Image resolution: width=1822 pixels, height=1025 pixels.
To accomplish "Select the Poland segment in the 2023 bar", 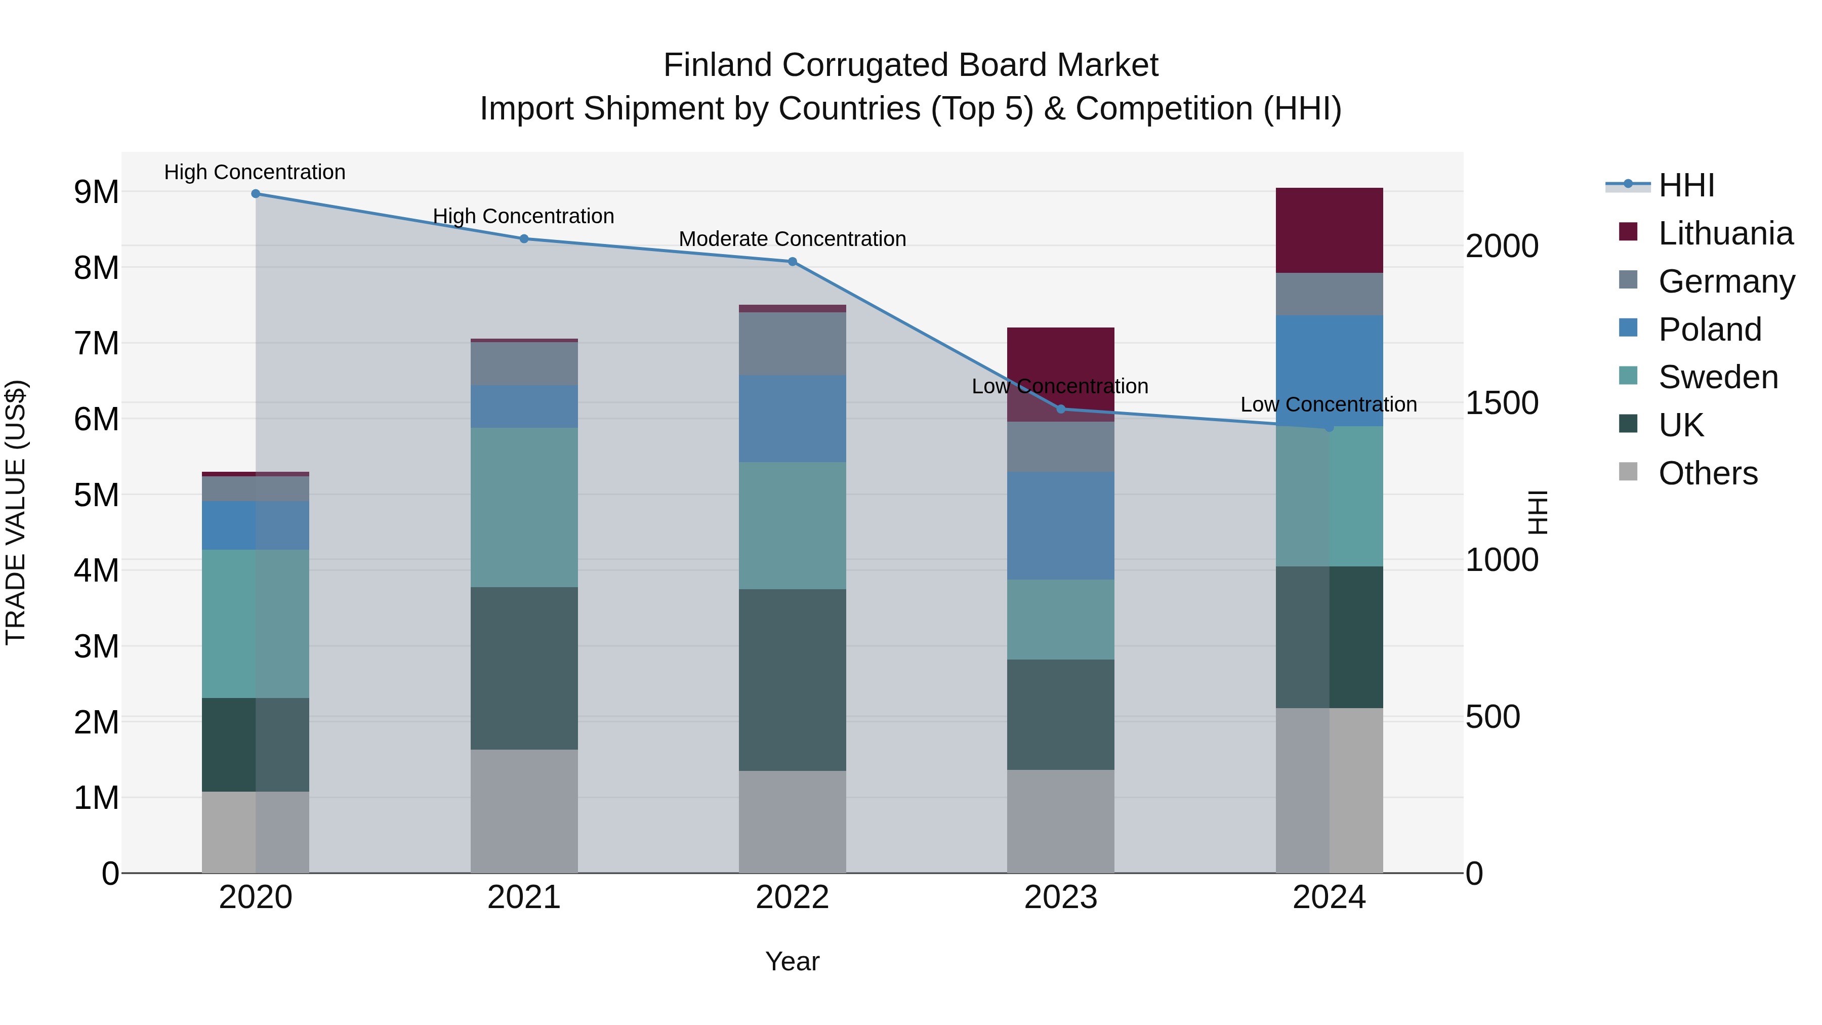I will click(x=1060, y=525).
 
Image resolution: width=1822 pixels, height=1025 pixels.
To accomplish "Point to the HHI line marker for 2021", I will click(x=524, y=238).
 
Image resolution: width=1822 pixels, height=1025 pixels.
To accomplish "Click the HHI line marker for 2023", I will click(x=1060, y=409).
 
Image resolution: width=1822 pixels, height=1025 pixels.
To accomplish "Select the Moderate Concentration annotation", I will click(x=792, y=239).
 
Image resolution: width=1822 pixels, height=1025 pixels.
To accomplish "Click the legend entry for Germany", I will click(x=1726, y=281).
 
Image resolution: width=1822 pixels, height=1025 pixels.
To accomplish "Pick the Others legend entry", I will click(x=1708, y=473).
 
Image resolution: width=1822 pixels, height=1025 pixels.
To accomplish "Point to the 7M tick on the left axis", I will click(x=96, y=344).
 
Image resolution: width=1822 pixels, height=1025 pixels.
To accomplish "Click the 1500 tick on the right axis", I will click(x=1501, y=403).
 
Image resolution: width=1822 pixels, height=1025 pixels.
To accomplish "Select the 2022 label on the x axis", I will click(x=792, y=897).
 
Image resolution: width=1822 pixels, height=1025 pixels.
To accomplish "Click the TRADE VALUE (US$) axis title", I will click(x=16, y=512).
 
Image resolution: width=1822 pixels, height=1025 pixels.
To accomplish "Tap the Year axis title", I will click(x=792, y=961).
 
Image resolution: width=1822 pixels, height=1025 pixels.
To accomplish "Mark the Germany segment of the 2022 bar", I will click(x=792, y=343).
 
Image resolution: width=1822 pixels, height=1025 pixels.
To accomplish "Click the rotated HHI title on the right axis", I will click(x=1538, y=512).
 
